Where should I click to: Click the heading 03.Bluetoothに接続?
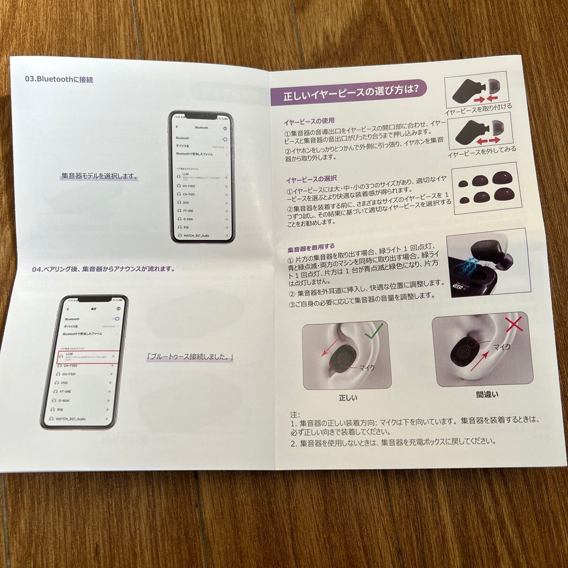tap(59, 80)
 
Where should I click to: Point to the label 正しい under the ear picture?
tap(348, 398)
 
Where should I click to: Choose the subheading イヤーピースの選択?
tap(310, 180)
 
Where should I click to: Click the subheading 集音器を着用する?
tap(311, 247)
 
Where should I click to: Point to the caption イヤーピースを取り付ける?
tap(478, 107)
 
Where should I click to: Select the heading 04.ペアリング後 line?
tap(103, 269)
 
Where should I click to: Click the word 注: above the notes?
tap(294, 414)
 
